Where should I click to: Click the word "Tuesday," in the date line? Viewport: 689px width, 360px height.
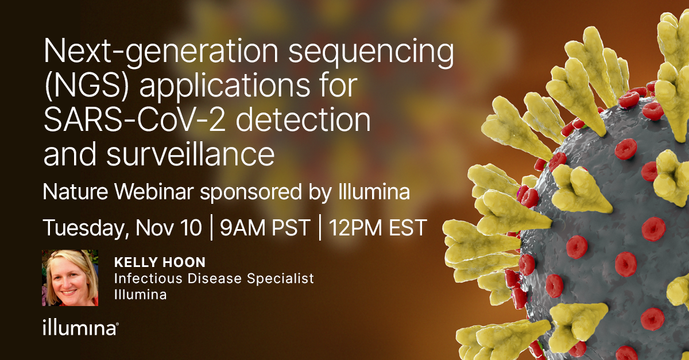pyautogui.click(x=85, y=228)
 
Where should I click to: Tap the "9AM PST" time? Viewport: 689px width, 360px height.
pyautogui.click(x=265, y=228)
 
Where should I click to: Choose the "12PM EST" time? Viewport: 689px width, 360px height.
pyautogui.click(x=378, y=228)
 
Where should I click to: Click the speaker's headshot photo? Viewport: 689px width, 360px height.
pyautogui.click(x=69, y=277)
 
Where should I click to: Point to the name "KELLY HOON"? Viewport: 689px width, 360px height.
pyautogui.click(x=160, y=262)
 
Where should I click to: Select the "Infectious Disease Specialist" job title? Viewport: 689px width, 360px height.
pyautogui.click(x=214, y=278)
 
